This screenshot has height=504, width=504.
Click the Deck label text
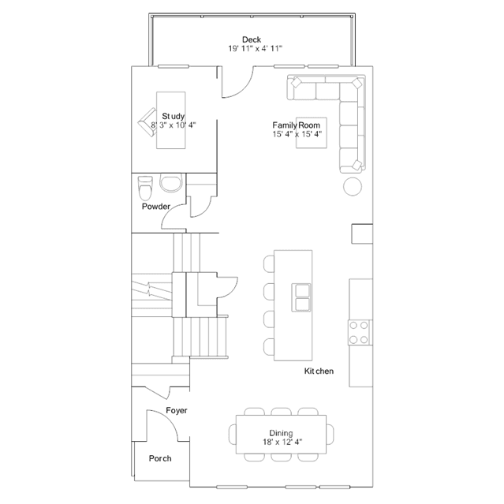[252, 39]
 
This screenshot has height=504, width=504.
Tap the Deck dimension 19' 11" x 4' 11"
[256, 49]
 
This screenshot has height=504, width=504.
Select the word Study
[173, 116]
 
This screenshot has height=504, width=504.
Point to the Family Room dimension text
[297, 134]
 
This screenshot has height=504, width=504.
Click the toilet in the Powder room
[145, 188]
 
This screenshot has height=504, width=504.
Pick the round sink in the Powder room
[171, 183]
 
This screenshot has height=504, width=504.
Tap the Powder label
[156, 207]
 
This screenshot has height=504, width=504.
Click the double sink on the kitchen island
[301, 297]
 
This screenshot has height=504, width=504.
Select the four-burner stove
[359, 332]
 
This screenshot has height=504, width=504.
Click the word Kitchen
[319, 371]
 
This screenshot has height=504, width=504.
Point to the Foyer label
[177, 410]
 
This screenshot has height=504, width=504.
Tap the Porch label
[160, 458]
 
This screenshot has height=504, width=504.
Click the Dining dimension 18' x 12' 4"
[282, 442]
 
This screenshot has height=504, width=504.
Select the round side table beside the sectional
[353, 186]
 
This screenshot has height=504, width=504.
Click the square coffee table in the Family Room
[311, 133]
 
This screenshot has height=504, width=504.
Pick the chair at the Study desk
[147, 122]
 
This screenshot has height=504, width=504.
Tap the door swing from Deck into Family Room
[243, 88]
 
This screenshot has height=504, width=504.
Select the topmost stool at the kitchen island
[269, 263]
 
